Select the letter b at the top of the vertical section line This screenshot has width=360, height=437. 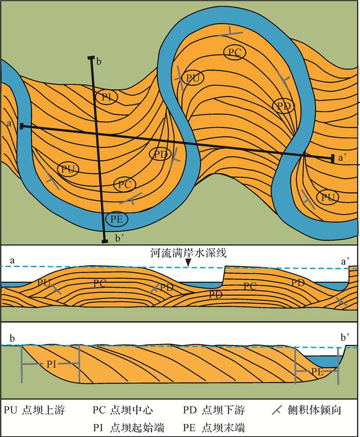pyautogui.click(x=99, y=62)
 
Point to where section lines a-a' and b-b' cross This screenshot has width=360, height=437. pyautogui.click(x=98, y=133)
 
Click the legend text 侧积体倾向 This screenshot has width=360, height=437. pyautogui.click(x=312, y=410)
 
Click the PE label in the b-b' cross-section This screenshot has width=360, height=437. pyautogui.click(x=317, y=371)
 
